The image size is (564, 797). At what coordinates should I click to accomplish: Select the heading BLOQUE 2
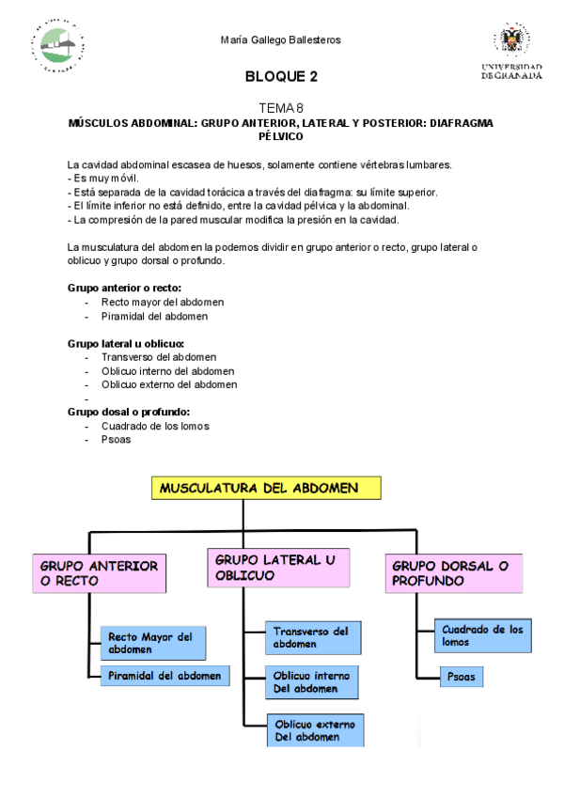point(281,76)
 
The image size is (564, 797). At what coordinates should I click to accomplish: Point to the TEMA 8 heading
point(281,108)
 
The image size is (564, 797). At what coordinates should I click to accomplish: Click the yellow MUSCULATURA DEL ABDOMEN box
point(267,489)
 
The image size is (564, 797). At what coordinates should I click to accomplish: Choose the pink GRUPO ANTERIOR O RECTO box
point(99,573)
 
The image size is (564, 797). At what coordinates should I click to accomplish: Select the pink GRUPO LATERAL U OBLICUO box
point(276,567)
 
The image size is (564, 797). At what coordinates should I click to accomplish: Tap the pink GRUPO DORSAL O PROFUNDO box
point(454,573)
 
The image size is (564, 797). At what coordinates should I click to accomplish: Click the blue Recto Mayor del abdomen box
point(153,644)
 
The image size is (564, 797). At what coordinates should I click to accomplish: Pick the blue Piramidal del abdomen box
point(164,675)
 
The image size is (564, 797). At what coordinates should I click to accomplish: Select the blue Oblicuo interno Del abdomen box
point(312,682)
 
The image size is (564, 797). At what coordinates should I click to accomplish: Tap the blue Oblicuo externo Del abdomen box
point(315,730)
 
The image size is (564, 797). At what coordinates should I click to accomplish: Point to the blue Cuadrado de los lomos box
point(482,636)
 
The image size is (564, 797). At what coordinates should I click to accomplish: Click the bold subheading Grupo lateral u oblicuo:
point(126,343)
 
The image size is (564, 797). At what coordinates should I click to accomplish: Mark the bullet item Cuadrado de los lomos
point(155,426)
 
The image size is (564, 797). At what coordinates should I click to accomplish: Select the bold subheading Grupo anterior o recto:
point(124,288)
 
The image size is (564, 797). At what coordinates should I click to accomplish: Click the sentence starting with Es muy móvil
point(105,178)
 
